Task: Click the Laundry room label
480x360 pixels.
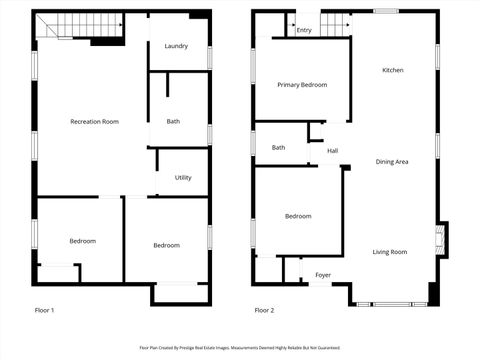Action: click(176, 46)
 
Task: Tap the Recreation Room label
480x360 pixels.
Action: click(94, 121)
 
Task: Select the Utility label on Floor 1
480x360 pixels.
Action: click(183, 178)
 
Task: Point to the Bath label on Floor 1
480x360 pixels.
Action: click(173, 121)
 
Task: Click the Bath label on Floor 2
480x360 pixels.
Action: click(278, 148)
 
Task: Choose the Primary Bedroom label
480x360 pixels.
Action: click(302, 85)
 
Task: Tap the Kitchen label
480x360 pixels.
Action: click(393, 70)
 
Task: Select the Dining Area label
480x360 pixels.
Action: click(392, 161)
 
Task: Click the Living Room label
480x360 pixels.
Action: click(390, 252)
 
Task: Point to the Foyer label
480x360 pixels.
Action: click(323, 274)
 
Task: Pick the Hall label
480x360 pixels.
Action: click(332, 151)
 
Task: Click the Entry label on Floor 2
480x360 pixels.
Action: click(304, 30)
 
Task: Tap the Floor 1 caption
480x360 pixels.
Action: click(44, 310)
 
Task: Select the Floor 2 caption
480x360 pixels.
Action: click(264, 310)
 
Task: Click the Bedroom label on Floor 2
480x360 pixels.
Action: click(298, 216)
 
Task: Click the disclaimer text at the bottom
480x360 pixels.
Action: click(239, 348)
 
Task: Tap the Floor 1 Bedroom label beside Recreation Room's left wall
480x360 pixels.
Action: click(82, 241)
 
